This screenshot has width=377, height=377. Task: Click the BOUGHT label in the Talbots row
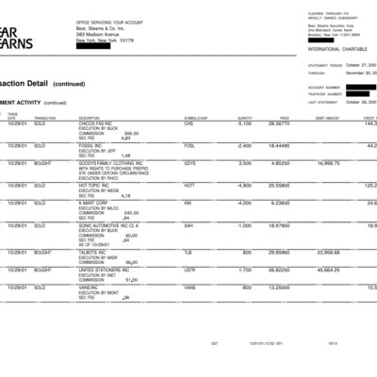click(x=44, y=252)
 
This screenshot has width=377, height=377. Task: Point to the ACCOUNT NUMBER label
click(x=324, y=86)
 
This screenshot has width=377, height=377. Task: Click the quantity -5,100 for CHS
click(x=243, y=123)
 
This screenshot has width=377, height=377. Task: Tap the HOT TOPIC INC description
click(x=95, y=185)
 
